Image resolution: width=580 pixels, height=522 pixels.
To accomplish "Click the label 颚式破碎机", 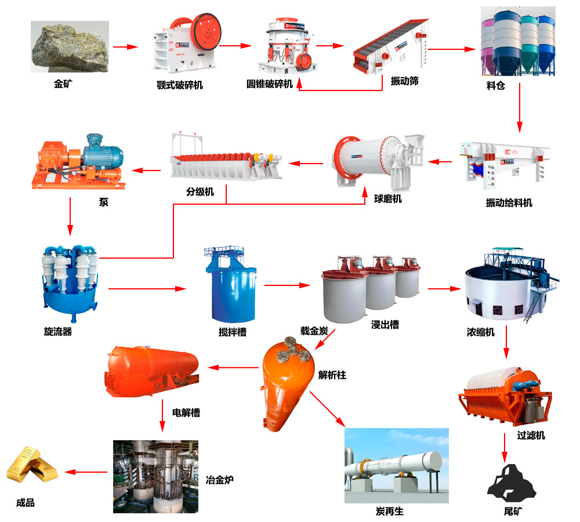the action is [x=180, y=85].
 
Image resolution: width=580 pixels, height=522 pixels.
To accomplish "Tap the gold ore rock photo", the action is [x=70, y=46].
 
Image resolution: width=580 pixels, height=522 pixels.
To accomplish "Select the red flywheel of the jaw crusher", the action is [x=206, y=32].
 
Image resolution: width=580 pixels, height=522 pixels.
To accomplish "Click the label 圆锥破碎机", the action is [x=270, y=84].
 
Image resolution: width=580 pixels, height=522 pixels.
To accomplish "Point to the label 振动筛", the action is [x=405, y=81].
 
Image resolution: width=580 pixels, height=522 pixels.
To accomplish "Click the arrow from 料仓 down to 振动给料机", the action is [x=520, y=108].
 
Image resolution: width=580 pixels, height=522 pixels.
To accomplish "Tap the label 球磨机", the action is [x=387, y=199].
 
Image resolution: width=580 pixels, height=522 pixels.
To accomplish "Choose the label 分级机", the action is [x=200, y=191].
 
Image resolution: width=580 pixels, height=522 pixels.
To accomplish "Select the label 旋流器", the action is [x=58, y=332].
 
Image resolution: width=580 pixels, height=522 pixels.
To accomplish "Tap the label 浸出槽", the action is [x=385, y=325].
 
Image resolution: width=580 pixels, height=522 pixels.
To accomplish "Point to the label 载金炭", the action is [x=314, y=331].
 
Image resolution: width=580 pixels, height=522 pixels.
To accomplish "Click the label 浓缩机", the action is [x=480, y=332].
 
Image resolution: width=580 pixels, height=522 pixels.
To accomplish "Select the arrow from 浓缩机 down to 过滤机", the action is [x=506, y=342].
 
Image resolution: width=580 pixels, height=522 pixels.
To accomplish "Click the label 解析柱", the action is [x=332, y=375].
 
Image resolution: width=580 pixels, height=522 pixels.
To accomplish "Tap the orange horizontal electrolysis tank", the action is [x=152, y=371].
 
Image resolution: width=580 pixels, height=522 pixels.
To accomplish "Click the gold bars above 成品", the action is [x=32, y=465].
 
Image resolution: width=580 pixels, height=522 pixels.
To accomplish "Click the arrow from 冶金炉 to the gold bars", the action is [x=86, y=472].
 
